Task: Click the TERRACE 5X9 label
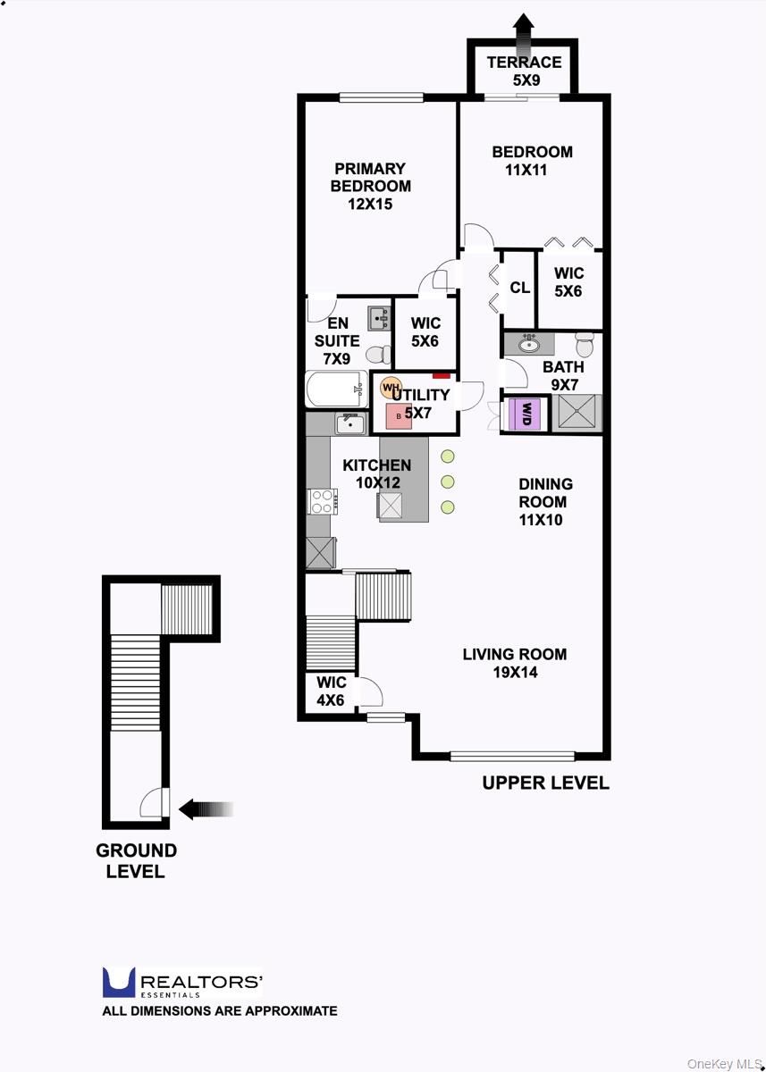[525, 71]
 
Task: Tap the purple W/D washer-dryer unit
[526, 414]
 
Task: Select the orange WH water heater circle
[391, 387]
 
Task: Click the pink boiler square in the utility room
[399, 416]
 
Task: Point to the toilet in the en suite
[379, 355]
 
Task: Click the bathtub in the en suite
[337, 389]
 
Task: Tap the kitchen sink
[350, 423]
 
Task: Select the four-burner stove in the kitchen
[322, 501]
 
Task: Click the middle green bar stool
[448, 482]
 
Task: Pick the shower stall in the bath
[577, 413]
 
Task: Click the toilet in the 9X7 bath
[585, 344]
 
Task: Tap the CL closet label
[520, 288]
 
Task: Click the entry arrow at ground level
[206, 808]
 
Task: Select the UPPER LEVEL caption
[546, 783]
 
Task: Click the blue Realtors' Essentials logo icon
[119, 983]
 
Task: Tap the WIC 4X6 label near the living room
[331, 691]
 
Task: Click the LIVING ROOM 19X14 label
[515, 663]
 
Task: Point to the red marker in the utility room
[442, 376]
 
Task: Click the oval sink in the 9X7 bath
[529, 345]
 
